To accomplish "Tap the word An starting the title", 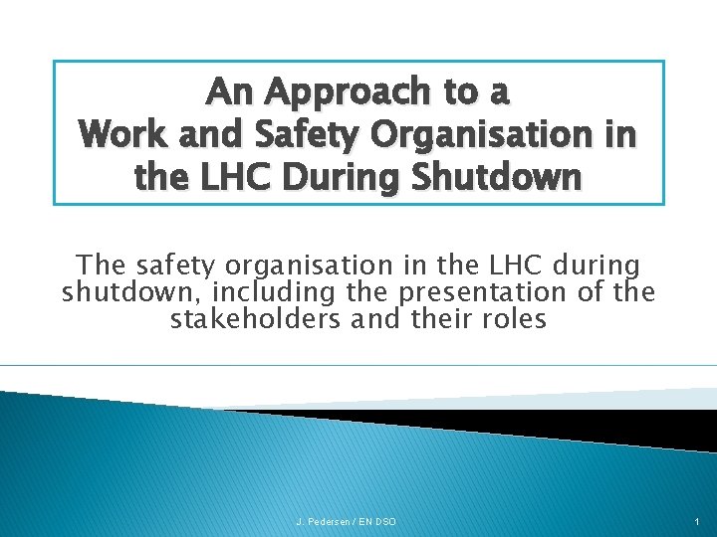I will click(x=229, y=92).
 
